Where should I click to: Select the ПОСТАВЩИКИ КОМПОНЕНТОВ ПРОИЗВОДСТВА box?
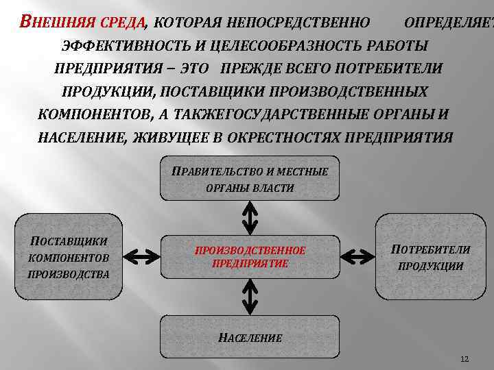coord(69,257)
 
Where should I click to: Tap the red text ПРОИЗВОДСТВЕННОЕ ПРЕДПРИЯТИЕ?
coord(250,257)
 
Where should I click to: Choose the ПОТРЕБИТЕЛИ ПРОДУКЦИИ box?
coord(430,257)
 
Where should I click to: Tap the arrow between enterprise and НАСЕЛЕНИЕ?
coord(250,296)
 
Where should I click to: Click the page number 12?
coord(464,359)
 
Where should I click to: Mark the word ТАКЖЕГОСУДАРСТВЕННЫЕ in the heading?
coord(284,114)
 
